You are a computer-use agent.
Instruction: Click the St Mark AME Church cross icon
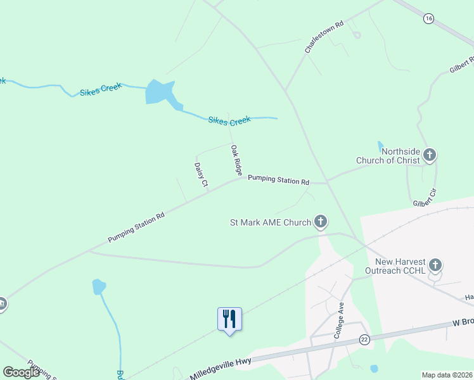tap(321, 222)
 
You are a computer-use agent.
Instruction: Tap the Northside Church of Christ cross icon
tap(429, 155)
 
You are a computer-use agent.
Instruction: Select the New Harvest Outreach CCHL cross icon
tap(435, 265)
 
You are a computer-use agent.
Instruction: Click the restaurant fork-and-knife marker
tap(229, 319)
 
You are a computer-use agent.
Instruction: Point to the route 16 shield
tap(429, 19)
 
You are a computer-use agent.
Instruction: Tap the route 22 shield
tap(364, 339)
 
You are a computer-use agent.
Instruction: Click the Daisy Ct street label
tap(201, 175)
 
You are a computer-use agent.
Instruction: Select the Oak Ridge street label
tap(236, 160)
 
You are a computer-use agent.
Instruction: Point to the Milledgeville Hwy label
tap(221, 368)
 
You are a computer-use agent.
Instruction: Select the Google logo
tap(21, 372)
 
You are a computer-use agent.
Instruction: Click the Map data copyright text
tap(447, 375)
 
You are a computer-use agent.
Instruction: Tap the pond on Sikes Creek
tap(160, 92)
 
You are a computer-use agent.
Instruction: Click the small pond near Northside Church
tap(380, 147)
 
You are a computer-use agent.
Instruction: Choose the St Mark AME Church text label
tap(271, 222)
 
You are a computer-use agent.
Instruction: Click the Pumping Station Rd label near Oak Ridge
tap(278, 180)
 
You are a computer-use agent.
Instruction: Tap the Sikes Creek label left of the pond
tap(101, 89)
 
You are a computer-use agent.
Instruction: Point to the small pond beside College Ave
tap(374, 368)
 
